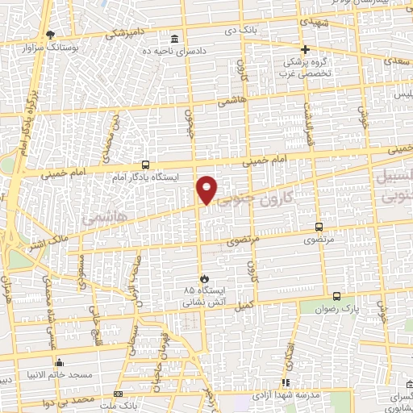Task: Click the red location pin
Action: click(x=207, y=189)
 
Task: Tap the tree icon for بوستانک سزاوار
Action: click(x=51, y=35)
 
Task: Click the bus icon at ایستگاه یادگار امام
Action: click(x=144, y=164)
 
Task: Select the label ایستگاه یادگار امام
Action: click(x=143, y=175)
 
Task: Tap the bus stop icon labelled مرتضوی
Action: click(x=319, y=227)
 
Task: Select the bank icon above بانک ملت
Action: click(x=119, y=394)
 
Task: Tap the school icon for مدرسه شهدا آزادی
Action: click(x=284, y=382)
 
